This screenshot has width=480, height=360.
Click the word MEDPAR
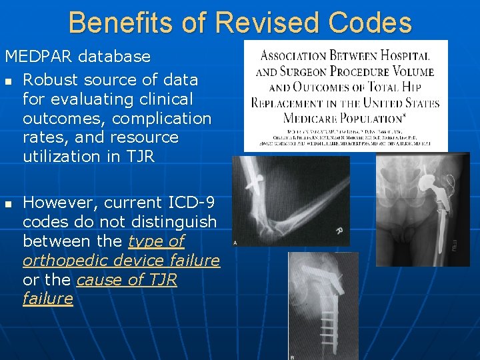click(x=41, y=57)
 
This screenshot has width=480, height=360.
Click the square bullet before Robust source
click(x=9, y=81)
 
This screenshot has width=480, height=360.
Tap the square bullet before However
click(x=9, y=203)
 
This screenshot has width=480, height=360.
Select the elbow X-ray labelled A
click(x=291, y=199)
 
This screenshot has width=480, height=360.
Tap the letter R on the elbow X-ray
click(x=338, y=231)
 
